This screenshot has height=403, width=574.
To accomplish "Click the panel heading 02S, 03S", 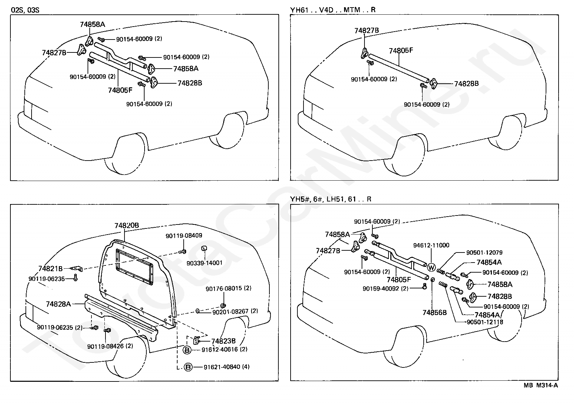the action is tap(25, 10).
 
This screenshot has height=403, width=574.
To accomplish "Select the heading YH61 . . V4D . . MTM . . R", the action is tap(333, 10).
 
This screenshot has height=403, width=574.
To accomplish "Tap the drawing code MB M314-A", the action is tap(541, 385).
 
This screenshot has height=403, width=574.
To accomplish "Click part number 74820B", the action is tap(127, 226).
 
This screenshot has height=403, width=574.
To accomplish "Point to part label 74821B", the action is tap(51, 269).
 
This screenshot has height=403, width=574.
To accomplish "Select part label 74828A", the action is tap(58, 304).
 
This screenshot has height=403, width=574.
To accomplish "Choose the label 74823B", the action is tap(223, 341).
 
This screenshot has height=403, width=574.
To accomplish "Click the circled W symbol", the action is tap(431, 268).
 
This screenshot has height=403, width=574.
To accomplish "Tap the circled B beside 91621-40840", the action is tap(188, 367).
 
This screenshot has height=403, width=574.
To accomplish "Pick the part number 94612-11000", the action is tap(431, 245).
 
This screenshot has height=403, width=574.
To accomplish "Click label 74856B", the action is tap(434, 312).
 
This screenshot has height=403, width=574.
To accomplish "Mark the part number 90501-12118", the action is tap(485, 322).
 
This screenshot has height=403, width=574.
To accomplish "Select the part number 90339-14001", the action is tap(204, 263).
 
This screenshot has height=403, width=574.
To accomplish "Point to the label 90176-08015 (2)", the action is tap(229, 288).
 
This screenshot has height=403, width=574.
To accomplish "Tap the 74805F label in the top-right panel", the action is tap(401, 51).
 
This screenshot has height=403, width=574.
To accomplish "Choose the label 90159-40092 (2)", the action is tap(386, 288).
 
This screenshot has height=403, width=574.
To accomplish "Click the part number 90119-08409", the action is tap(184, 236).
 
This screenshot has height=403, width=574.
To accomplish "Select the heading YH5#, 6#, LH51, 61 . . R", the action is tap(330, 199).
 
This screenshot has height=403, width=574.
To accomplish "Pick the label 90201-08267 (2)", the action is tap(235, 311).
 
